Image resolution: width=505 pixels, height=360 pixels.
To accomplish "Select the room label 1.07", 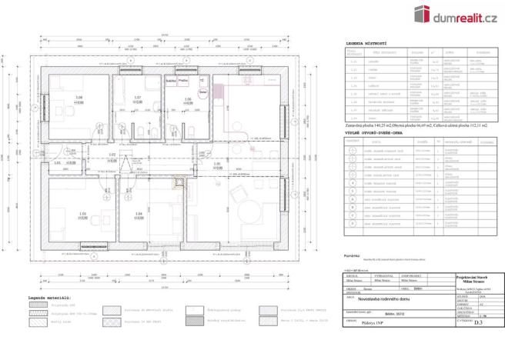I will click(x=138, y=97).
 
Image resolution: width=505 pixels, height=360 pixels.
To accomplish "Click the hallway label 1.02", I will click(x=112, y=155).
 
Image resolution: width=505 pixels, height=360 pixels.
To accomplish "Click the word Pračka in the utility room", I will click(x=184, y=79).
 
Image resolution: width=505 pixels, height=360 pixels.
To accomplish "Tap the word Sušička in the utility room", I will click(x=171, y=79).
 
